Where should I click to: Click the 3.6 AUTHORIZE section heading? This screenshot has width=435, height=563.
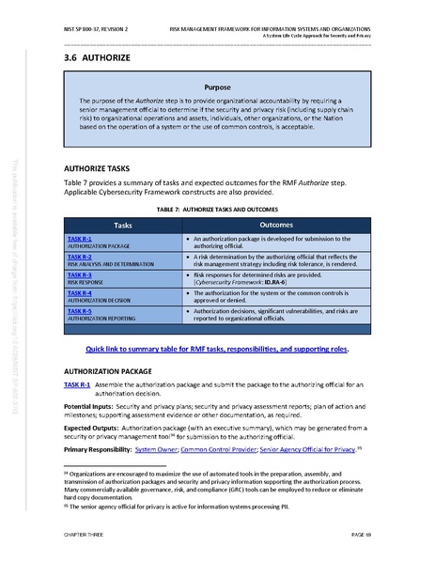coord(92,60)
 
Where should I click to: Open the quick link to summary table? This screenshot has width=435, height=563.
coord(217,349)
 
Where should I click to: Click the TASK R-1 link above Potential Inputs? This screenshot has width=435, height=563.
coord(77,385)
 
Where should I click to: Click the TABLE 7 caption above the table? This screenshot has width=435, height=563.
coord(217,210)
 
